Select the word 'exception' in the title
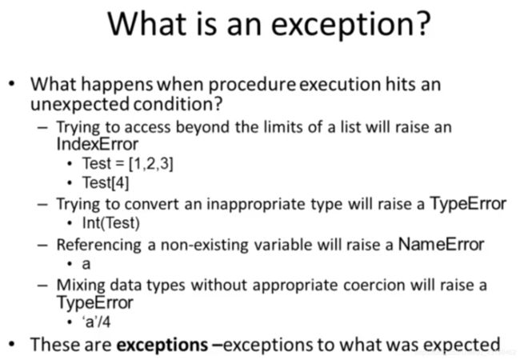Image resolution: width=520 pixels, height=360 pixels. pyautogui.click(x=342, y=26)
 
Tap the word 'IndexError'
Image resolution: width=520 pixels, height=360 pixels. pyautogui.click(x=98, y=144)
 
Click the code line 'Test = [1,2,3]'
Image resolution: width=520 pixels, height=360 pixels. pyautogui.click(x=128, y=163)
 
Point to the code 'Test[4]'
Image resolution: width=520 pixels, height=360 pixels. pyautogui.click(x=106, y=182)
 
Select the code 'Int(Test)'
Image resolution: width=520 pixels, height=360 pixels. pyautogui.click(x=111, y=222)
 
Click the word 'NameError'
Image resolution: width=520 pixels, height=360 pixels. pyautogui.click(x=441, y=244)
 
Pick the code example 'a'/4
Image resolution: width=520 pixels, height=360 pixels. pyautogui.click(x=97, y=322)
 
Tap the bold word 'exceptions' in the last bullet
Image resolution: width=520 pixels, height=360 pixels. pyautogui.click(x=162, y=345)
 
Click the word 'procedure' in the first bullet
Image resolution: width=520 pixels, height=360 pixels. pyautogui.click(x=252, y=85)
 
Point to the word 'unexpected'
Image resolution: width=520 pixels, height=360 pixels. pyautogui.click(x=79, y=105)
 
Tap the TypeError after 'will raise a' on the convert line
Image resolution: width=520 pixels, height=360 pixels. pyautogui.click(x=468, y=204)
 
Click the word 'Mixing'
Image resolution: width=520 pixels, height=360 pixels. pyautogui.click(x=81, y=286)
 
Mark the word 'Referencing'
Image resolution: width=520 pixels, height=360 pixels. pyautogui.click(x=99, y=246)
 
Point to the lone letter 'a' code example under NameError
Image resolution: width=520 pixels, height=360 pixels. pyautogui.click(x=86, y=265)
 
